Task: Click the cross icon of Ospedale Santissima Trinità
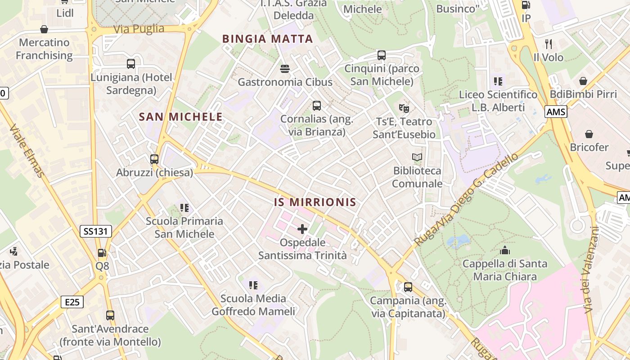tap(302, 229)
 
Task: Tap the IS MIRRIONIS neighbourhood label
tap(315, 202)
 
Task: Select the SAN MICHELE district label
tap(181, 117)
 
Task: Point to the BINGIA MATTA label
tap(268, 39)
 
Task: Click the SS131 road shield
tap(96, 231)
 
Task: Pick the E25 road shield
tap(72, 301)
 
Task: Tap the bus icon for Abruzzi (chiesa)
tap(154, 159)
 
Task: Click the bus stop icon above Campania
tap(408, 287)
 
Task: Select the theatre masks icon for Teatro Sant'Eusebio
tap(404, 108)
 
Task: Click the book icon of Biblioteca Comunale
tap(418, 157)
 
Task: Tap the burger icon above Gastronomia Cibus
tap(284, 68)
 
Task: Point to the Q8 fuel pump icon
tap(102, 253)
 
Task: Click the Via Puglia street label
tap(139, 29)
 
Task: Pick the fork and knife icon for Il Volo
tap(548, 44)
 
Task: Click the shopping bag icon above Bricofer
tap(589, 134)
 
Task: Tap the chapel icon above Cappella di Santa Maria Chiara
tap(505, 250)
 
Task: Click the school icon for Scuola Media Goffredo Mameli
tap(253, 285)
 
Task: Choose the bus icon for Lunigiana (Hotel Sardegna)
tap(131, 63)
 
